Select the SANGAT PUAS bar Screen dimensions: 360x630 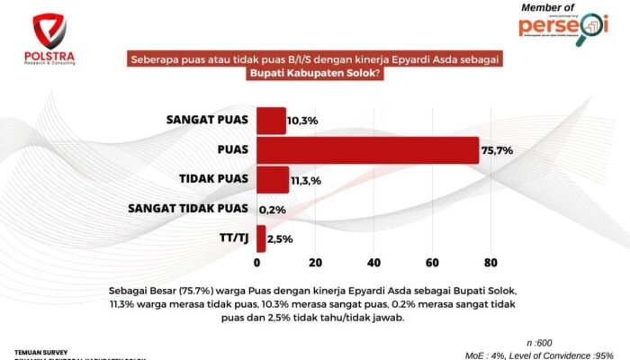(x=271, y=121)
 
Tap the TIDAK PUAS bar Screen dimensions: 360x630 (x=273, y=180)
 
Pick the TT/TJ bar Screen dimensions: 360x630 (x=261, y=238)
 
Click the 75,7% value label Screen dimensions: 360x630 (x=497, y=150)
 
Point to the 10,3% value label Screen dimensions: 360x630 (x=302, y=121)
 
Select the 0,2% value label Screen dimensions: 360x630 (x=273, y=210)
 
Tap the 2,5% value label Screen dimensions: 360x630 (x=281, y=239)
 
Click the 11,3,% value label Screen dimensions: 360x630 (x=306, y=181)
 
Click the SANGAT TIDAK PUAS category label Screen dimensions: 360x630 (x=188, y=209)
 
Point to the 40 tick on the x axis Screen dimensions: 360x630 (x=373, y=263)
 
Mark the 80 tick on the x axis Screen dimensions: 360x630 (x=490, y=263)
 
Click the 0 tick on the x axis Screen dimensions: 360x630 (x=257, y=263)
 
